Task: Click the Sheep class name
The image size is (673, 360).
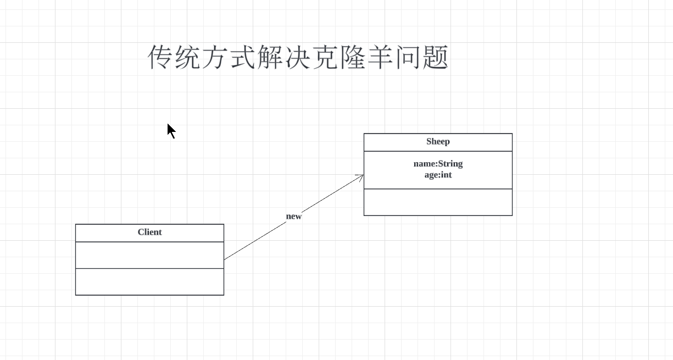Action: point(438,142)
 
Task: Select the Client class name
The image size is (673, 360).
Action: point(149,232)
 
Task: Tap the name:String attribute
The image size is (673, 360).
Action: point(438,164)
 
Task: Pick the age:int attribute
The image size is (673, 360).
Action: point(438,175)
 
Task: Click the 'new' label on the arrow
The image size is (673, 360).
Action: point(294,217)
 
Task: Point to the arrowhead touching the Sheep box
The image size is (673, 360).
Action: point(361,176)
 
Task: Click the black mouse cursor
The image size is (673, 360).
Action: point(171,131)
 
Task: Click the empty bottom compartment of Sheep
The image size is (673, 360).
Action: point(438,202)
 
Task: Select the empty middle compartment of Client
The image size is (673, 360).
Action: point(149,255)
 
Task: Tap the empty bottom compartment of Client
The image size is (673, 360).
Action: point(149,282)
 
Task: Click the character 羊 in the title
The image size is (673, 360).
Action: point(381,58)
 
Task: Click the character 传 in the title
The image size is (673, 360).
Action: point(161,58)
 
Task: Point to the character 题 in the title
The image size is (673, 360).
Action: point(436,58)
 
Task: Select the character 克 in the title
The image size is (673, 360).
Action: point(326,58)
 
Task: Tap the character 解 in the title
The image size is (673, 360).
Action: point(271,58)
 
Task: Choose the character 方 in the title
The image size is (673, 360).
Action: point(216,58)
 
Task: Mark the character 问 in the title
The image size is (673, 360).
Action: point(408,58)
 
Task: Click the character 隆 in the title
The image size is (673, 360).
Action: point(353,58)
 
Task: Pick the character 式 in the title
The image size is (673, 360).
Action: point(243,58)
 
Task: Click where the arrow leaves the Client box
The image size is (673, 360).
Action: point(225,259)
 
